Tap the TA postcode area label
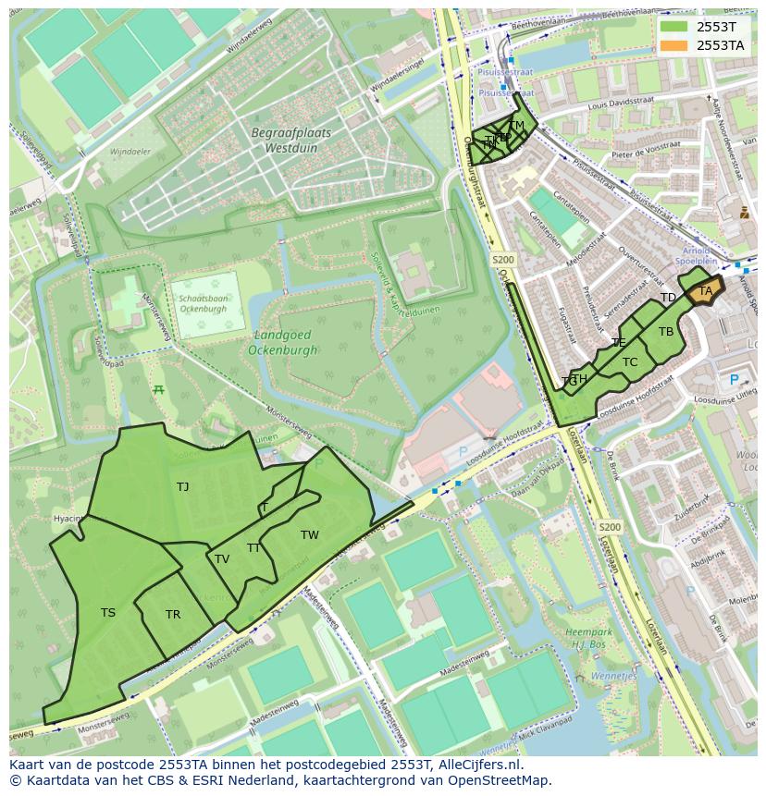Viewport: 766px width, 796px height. (x=706, y=291)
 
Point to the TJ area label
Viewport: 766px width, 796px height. (x=182, y=486)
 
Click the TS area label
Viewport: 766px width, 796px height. (x=108, y=612)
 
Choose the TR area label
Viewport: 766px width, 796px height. (x=173, y=615)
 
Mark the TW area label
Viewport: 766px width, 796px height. (x=309, y=534)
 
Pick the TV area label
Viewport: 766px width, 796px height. (x=222, y=558)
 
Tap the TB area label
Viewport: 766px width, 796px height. (x=666, y=331)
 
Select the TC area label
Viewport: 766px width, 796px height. (x=630, y=361)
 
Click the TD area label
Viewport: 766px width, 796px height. (x=668, y=298)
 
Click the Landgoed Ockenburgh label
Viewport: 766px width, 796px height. (x=282, y=342)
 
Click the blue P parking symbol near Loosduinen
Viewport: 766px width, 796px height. (x=735, y=379)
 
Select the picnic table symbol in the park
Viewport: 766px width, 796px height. (x=159, y=389)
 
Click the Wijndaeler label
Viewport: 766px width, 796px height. (x=130, y=151)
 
